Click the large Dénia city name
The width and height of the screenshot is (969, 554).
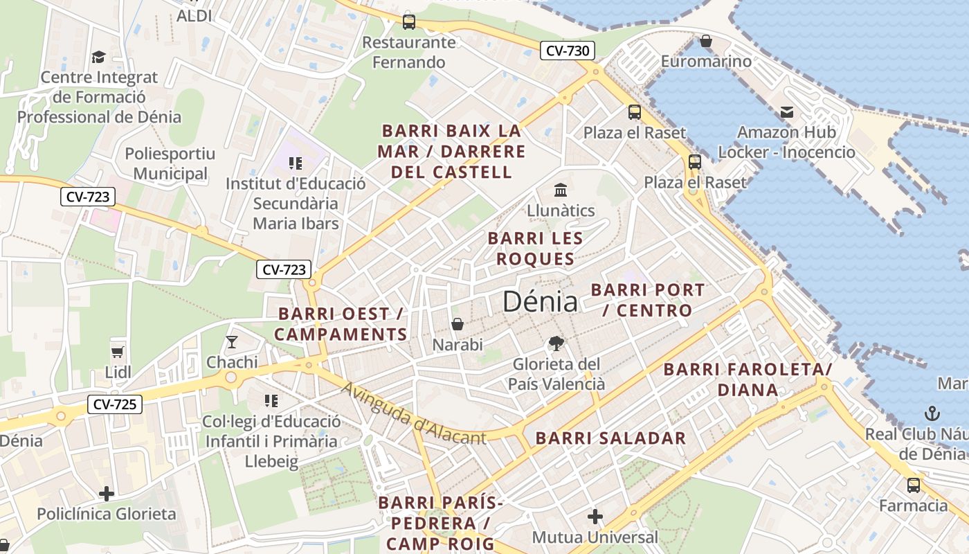click(540, 301)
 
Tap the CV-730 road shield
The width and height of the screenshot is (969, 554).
click(567, 51)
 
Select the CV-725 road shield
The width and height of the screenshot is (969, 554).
click(115, 404)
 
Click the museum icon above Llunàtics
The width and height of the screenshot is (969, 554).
click(561, 190)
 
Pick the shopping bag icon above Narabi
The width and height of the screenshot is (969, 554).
click(458, 324)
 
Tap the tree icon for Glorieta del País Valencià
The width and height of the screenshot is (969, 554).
click(556, 343)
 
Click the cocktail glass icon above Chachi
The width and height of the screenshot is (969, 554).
click(232, 342)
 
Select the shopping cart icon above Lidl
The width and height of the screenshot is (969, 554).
click(118, 352)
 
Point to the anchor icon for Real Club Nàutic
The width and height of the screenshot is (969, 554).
click(932, 414)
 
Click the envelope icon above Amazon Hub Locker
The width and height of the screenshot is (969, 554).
click(787, 112)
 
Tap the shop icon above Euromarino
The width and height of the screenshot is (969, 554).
click(706, 42)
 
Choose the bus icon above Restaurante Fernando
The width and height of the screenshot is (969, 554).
click(409, 22)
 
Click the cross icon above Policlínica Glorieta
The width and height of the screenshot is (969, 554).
click(107, 494)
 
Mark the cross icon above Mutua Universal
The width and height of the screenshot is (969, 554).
click(595, 517)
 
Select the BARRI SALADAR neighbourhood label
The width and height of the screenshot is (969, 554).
click(610, 438)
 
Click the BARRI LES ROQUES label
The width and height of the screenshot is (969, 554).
click(535, 249)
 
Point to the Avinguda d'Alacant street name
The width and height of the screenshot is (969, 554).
click(414, 413)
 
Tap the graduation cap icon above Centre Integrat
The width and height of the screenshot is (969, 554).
click(99, 57)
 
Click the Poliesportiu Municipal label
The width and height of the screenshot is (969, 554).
click(170, 163)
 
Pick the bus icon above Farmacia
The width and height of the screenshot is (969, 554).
click(914, 485)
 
